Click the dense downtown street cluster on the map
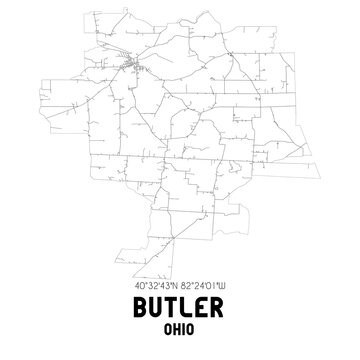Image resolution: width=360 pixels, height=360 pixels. [131, 66]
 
